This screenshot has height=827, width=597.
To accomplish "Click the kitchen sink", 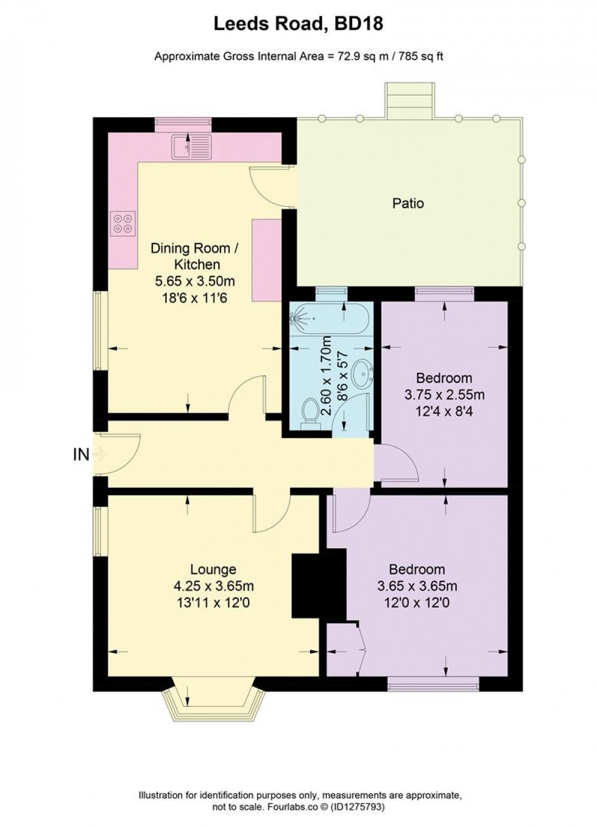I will pos(191,146).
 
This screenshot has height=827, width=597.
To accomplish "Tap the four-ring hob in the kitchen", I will pos(122,223).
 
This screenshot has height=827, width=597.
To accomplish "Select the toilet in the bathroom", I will pos(311,414).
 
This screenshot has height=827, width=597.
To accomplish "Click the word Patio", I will pos(408,203).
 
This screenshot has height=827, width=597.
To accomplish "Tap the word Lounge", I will pos(213,569).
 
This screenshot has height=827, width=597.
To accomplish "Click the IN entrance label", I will pos(81,454).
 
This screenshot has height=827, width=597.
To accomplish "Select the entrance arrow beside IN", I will pos(101,454).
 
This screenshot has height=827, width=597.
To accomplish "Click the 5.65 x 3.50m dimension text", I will pos(195,281).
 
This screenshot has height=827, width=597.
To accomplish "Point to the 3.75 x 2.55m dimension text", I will pos(445,395).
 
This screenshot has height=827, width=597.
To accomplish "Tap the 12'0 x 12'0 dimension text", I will pos(417,603).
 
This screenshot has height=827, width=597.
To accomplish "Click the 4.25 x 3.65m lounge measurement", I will pos(213,586).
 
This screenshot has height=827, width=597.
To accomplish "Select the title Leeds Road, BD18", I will pos(298,24).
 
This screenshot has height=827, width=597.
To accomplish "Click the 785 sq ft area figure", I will pos(421,57).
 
